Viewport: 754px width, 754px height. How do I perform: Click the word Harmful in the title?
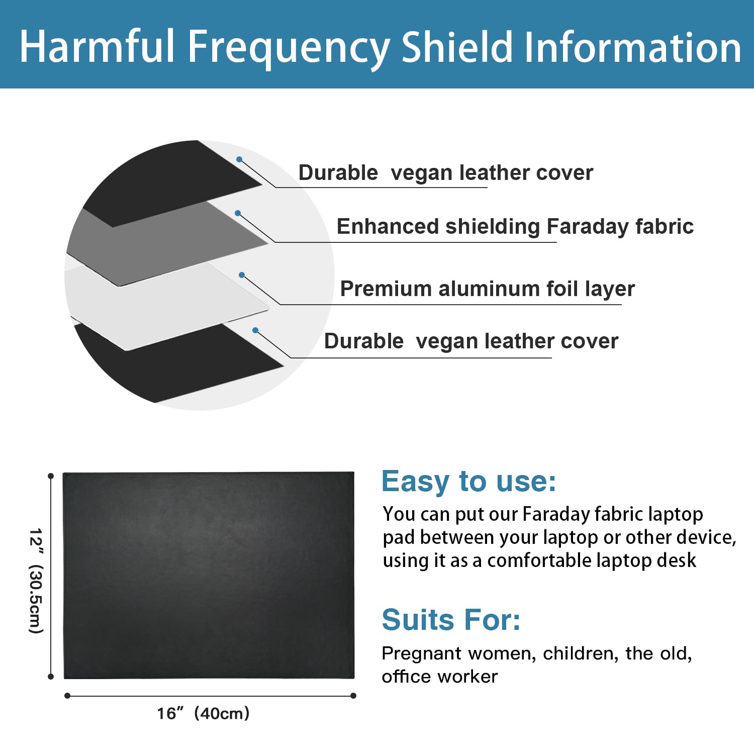coord(97,47)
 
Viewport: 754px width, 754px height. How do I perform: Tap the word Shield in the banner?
coord(457,47)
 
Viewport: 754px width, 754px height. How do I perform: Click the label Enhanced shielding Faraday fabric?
coord(515,226)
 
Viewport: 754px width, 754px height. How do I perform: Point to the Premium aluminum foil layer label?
coord(487,289)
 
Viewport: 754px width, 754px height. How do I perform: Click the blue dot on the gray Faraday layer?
coord(238,213)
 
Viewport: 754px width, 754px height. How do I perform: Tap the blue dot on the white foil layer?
coord(242,275)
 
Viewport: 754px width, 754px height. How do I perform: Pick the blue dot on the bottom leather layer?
coord(255,330)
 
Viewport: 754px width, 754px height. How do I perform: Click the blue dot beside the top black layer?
coord(239,159)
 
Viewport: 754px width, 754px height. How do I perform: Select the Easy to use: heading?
coord(468,481)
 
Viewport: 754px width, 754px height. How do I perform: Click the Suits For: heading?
coord(451,619)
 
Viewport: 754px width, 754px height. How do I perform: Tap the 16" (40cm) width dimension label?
coord(203,713)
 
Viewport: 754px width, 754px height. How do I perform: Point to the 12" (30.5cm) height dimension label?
coord(36,581)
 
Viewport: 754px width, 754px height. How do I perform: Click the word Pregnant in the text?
coord(422,653)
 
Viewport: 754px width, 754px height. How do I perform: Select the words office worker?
coord(439,677)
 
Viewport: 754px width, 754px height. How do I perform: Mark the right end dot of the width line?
coord(353,696)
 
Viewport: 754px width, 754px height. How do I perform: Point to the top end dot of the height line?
coord(50,476)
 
